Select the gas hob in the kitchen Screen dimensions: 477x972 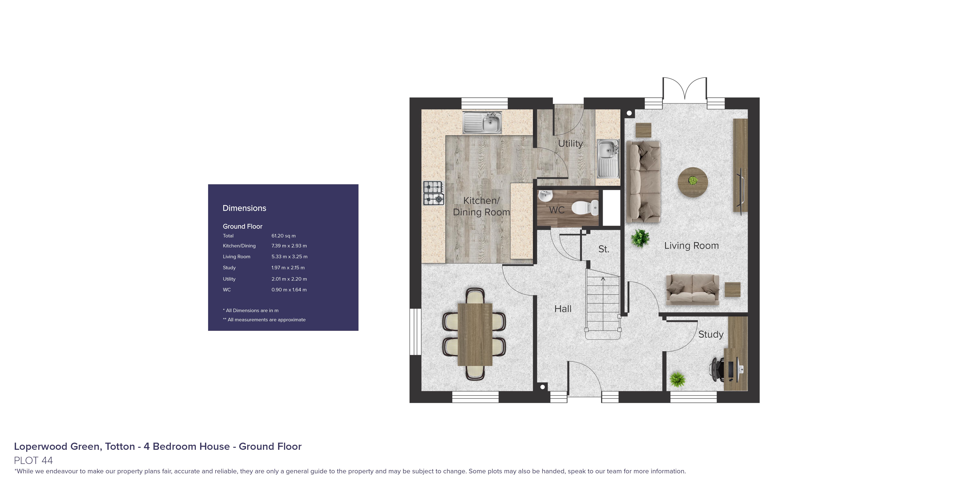pos(433,193)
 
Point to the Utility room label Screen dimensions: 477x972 pos(570,144)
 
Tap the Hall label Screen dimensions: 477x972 pos(563,309)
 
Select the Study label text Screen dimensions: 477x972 pos(710,334)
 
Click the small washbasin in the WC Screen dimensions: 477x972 pos(545,196)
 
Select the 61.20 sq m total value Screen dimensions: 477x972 pos(283,236)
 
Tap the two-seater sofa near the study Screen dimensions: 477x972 pos(692,289)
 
